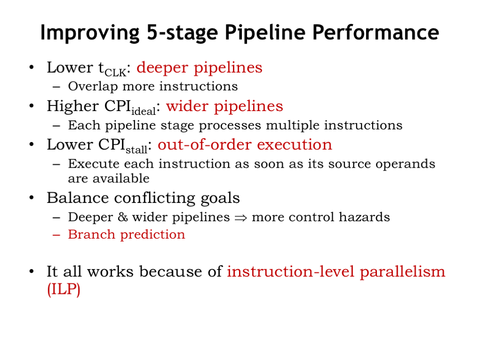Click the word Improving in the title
pos(90,33)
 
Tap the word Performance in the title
pos(375,33)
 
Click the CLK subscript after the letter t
pos(115,73)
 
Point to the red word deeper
pos(162,68)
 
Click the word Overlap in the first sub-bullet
pos(93,87)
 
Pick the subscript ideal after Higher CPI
pos(143,111)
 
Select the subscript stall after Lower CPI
pos(136,150)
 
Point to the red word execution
pos(294,145)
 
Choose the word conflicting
pos(155,198)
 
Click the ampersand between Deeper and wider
pos(123,217)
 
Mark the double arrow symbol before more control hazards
pos(240,218)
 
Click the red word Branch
pos(91,234)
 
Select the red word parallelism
pos(402,272)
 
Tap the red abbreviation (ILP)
pos(64,289)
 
